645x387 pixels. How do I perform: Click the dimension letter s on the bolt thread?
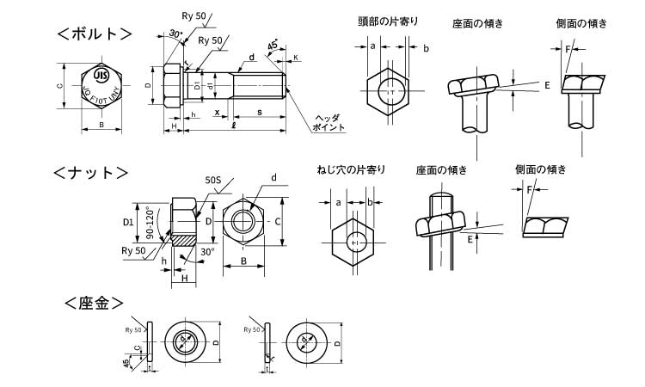[x=260, y=113]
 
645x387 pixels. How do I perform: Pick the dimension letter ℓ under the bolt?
[x=235, y=127]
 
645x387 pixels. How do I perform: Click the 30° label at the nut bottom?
[x=207, y=252]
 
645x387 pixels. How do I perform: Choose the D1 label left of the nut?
[x=128, y=222]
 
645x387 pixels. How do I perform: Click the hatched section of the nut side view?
[x=185, y=239]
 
